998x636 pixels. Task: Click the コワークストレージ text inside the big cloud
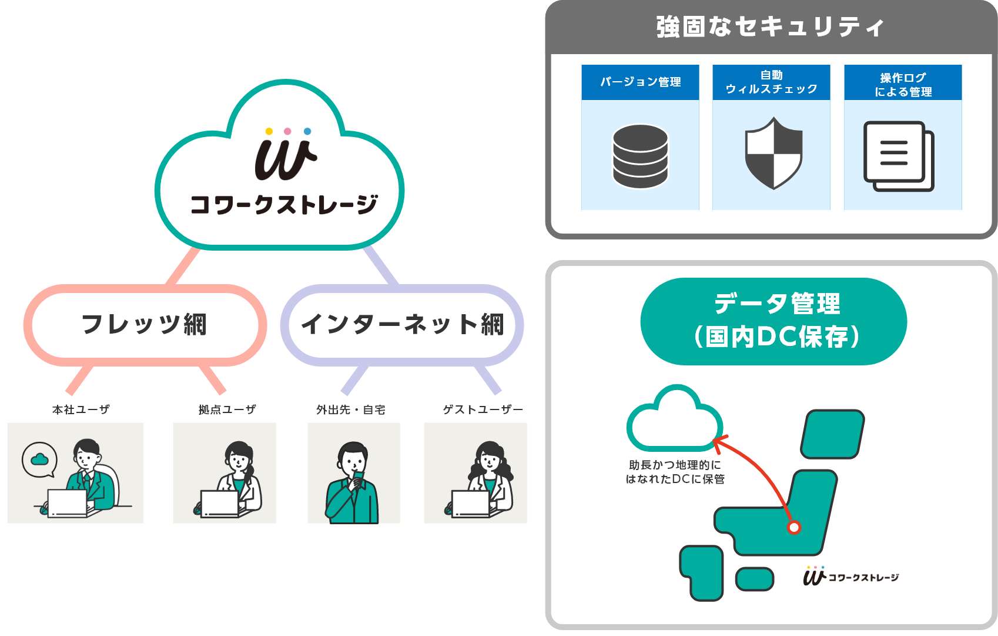[284, 205]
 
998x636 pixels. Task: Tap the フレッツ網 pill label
[145, 324]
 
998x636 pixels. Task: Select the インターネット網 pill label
[402, 324]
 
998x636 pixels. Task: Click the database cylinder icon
[640, 156]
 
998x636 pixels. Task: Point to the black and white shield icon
[773, 154]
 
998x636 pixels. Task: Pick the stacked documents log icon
[898, 156]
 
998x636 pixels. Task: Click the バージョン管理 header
[640, 82]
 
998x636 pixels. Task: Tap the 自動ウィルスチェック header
[771, 82]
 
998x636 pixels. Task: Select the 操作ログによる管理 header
[903, 84]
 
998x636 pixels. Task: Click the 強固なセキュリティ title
[770, 27]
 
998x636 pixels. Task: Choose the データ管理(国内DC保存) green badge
[773, 321]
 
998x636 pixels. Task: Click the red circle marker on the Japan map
[794, 527]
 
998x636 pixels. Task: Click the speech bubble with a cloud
[39, 459]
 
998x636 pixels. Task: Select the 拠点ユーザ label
[227, 409]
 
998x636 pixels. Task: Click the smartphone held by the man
[359, 477]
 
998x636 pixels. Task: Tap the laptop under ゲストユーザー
[470, 503]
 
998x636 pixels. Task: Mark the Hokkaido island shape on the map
[832, 434]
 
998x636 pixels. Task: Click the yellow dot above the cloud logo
[269, 131]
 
